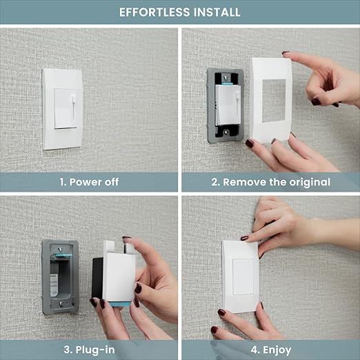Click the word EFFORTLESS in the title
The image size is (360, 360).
click(154, 12)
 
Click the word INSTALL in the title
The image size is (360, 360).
click(217, 12)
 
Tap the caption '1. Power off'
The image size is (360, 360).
click(89, 182)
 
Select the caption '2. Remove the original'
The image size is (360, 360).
click(271, 182)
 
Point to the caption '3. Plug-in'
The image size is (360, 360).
click(89, 350)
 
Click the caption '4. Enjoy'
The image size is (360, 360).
click(271, 350)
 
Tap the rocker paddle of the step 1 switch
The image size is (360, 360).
click(66, 108)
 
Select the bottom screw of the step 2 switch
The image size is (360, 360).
click(226, 132)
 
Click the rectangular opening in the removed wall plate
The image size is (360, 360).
click(274, 101)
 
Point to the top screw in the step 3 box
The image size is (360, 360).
click(60, 249)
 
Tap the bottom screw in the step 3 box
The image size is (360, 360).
click(61, 303)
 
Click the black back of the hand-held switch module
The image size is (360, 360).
click(97, 278)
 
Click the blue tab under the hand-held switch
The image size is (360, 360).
click(121, 304)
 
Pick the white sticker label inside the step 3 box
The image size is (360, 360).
click(54, 285)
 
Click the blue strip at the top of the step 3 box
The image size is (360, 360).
click(63, 255)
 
